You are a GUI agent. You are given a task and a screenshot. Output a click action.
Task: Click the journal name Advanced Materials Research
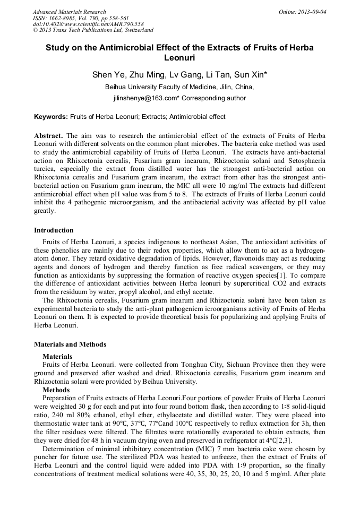coord(69,12)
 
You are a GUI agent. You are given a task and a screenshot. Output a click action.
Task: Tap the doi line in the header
coord(88,24)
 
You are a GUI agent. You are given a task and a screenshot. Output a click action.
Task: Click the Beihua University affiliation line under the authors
coord(179,87)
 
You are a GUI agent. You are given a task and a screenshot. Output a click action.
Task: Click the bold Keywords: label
coord(51,117)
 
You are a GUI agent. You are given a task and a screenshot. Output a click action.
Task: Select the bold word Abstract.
coord(49,136)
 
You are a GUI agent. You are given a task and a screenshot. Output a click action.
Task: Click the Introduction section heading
coord(54,230)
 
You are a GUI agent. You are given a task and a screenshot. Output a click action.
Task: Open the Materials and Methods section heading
coord(70,344)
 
